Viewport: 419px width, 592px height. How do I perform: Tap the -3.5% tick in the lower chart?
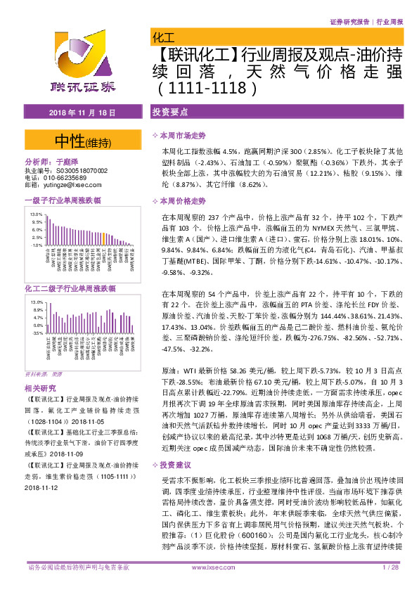click(x=37, y=335)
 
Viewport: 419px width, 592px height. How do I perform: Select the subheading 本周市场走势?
click(x=183, y=135)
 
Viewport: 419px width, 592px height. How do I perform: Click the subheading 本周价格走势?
click(x=183, y=201)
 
